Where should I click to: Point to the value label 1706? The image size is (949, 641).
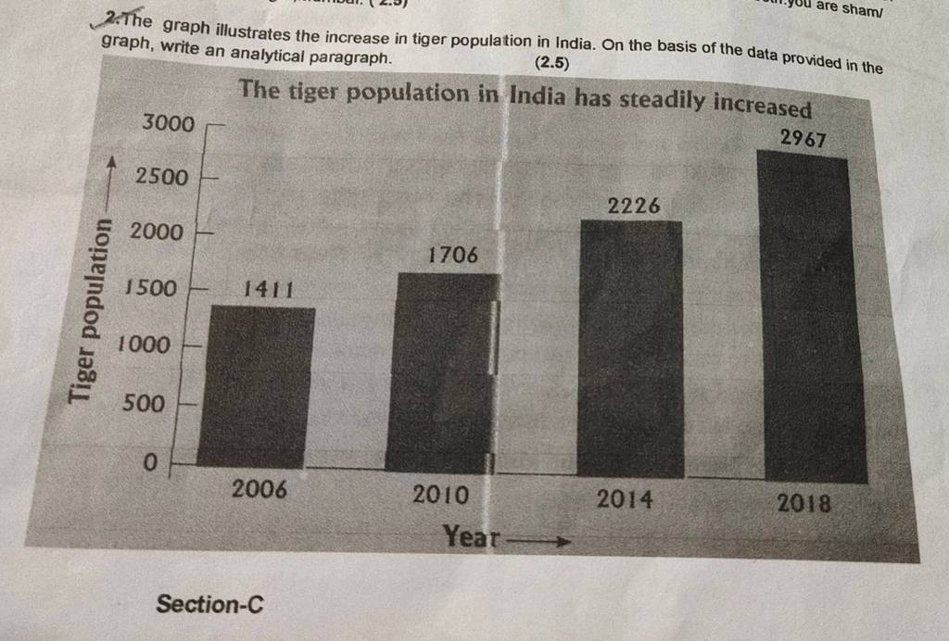453,254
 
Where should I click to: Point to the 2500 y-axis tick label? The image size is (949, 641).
161,176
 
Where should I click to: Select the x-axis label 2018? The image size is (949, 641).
803,504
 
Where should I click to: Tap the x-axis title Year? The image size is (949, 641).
471,535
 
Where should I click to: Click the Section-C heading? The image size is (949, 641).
209,605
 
